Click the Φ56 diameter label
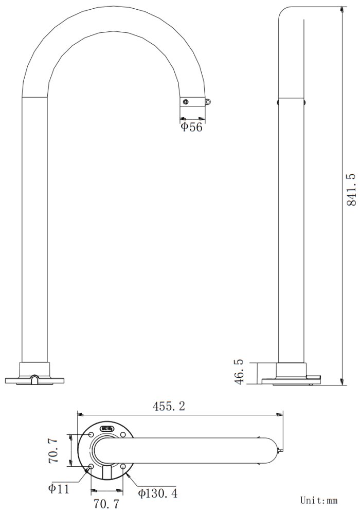(x=192, y=127)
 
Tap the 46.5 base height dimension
(x=239, y=373)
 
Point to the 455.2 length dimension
(x=169, y=406)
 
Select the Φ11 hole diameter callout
(x=59, y=488)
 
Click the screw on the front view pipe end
(x=186, y=102)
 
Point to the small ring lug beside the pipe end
(x=208, y=102)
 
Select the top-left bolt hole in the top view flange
(x=91, y=435)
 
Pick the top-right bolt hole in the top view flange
(x=123, y=435)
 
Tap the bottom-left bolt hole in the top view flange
(x=91, y=467)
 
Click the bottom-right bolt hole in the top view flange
(x=123, y=467)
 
